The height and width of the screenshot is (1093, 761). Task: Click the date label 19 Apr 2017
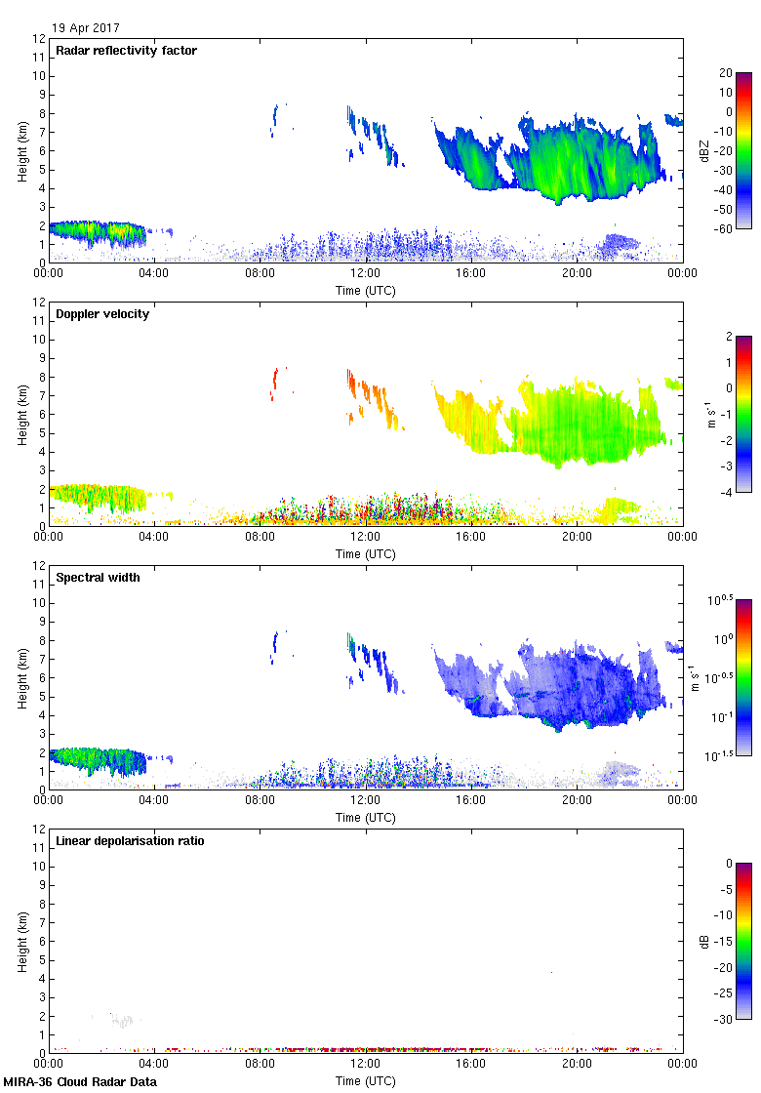pyautogui.click(x=87, y=28)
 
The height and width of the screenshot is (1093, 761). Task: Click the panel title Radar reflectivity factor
pyautogui.click(x=126, y=50)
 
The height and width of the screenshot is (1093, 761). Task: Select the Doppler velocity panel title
pyautogui.click(x=102, y=314)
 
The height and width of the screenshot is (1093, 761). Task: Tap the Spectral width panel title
pyautogui.click(x=98, y=578)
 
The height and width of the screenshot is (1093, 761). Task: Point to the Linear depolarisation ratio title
pyautogui.click(x=130, y=841)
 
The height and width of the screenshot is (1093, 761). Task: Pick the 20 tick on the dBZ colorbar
pyautogui.click(x=726, y=73)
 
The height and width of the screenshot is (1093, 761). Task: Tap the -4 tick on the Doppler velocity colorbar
pyautogui.click(x=726, y=492)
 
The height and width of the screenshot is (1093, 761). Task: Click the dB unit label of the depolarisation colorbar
pyautogui.click(x=704, y=941)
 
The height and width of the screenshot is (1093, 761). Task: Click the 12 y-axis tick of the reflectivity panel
pyautogui.click(x=38, y=39)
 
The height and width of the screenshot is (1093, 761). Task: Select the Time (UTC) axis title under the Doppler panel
pyautogui.click(x=366, y=553)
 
